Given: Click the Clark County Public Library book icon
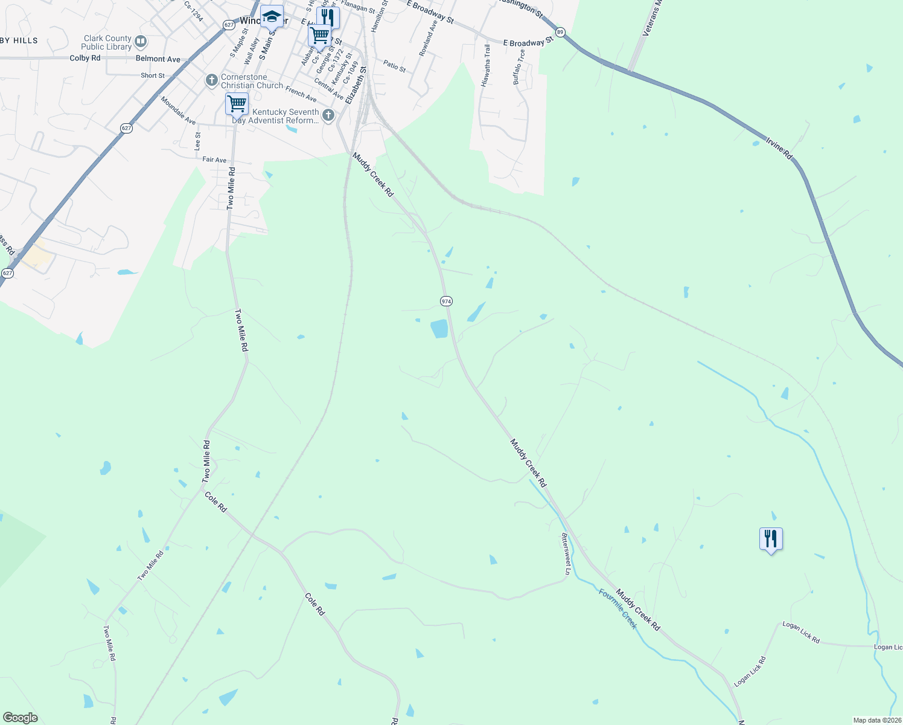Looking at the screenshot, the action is (141, 42).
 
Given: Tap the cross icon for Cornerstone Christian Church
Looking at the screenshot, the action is (211, 80).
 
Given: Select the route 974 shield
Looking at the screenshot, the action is (446, 301).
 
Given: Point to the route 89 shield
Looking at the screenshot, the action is (560, 32).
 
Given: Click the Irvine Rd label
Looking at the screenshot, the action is (779, 149).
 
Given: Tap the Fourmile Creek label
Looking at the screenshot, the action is (617, 608).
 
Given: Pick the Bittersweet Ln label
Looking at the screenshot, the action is (566, 553).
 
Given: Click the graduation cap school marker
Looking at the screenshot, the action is (272, 17).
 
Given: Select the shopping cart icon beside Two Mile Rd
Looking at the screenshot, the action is (237, 103).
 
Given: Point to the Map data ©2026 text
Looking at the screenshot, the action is (877, 720).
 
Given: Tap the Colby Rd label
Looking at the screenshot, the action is (85, 58).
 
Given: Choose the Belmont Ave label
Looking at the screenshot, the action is (158, 59).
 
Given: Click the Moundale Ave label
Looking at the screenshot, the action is (178, 110).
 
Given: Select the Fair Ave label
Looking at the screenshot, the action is (214, 159).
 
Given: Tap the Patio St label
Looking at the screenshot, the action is (394, 66).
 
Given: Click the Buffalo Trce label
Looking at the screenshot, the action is (519, 66).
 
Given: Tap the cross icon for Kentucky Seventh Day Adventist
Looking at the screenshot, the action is (328, 115).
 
